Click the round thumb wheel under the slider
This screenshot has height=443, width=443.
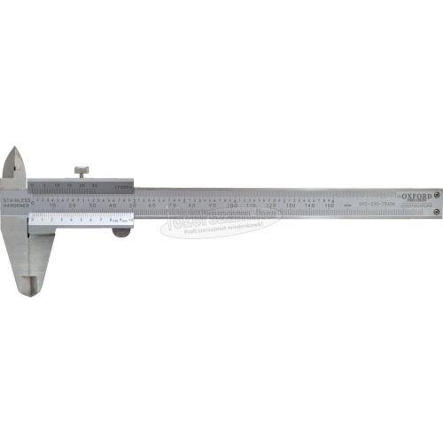click(119, 233)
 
